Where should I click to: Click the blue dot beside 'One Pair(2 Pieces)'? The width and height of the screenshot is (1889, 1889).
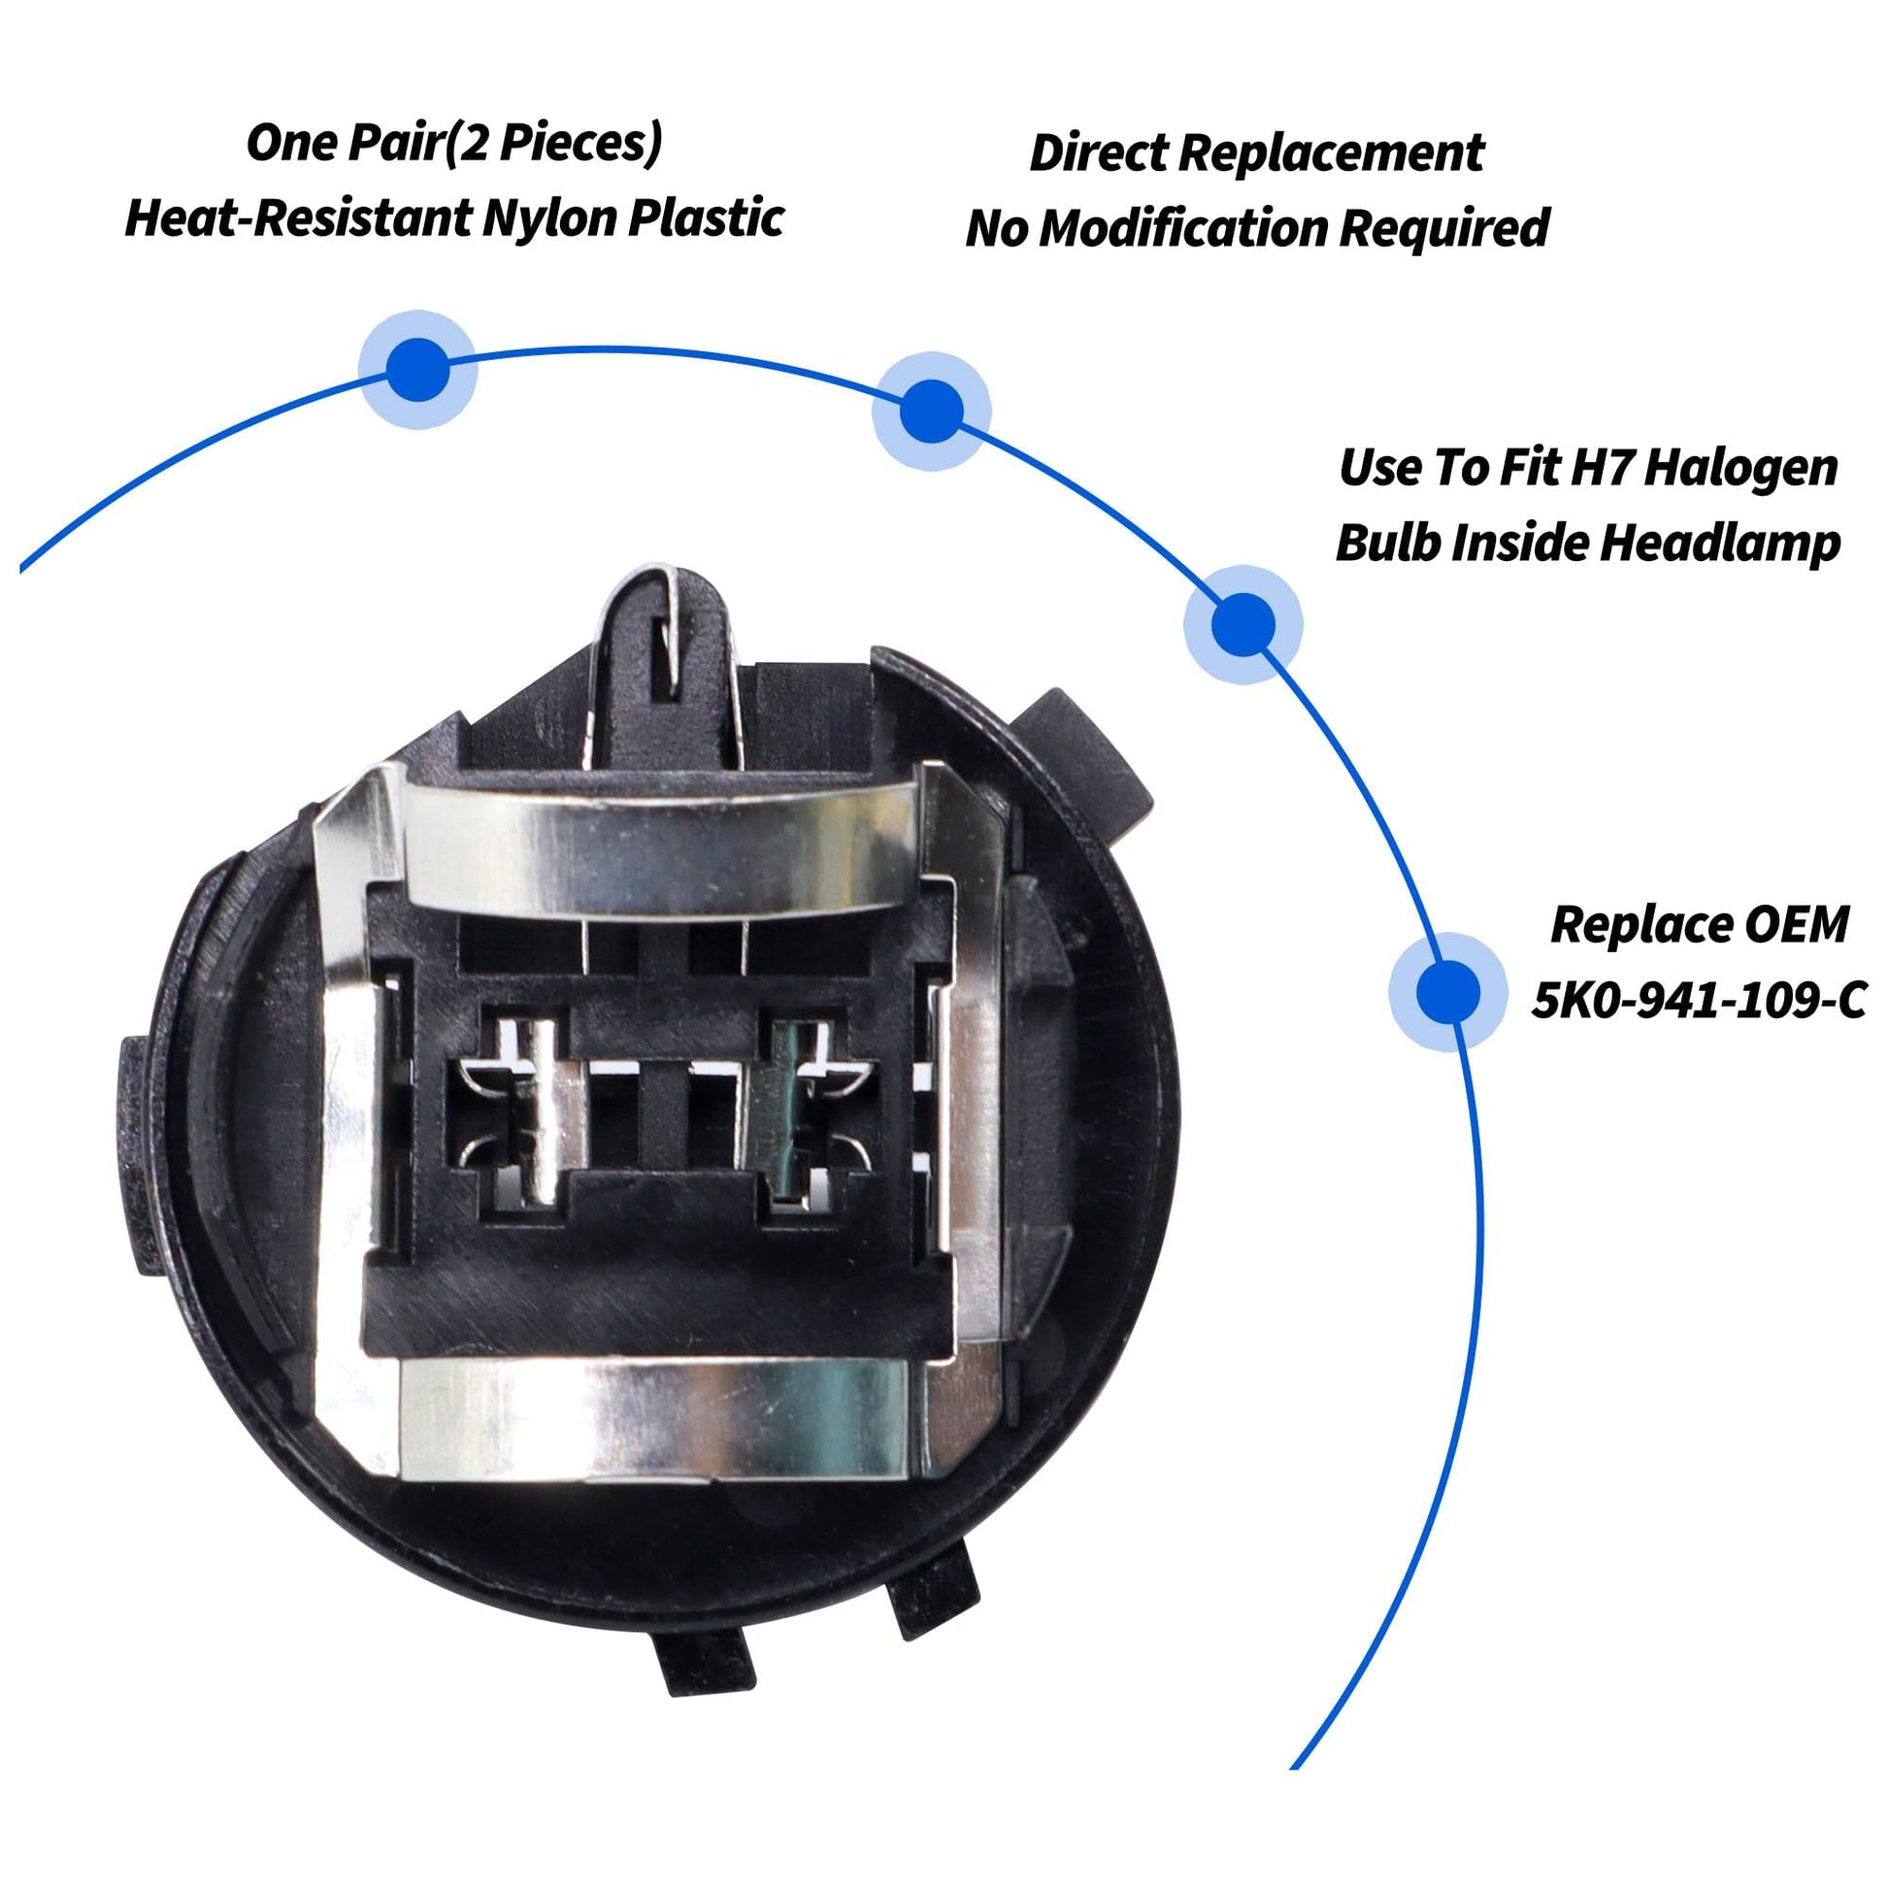coord(417,369)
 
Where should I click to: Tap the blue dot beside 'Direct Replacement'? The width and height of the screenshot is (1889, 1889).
coord(931,411)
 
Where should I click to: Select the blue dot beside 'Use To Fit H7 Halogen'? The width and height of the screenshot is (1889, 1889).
coord(1243,624)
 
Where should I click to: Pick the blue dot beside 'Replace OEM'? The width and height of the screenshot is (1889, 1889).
coord(1448,991)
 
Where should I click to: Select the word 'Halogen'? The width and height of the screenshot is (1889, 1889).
coord(1740,468)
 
